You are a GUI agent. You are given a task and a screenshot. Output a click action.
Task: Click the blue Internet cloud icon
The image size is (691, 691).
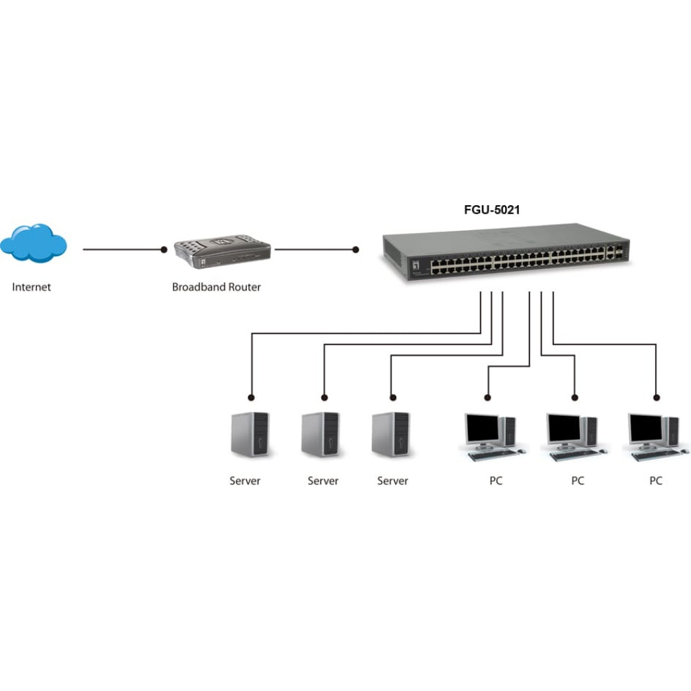[x=33, y=243]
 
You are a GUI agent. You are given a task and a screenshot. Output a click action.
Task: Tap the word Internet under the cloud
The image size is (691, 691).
[x=31, y=287]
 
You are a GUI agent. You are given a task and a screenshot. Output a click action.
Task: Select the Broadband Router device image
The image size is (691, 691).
[x=222, y=252]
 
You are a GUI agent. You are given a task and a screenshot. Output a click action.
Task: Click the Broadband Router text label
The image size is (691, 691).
[x=216, y=287]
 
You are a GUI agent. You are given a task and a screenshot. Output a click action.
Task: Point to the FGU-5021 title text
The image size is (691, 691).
[x=492, y=210]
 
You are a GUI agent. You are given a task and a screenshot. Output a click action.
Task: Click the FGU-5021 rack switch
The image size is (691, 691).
[x=506, y=252]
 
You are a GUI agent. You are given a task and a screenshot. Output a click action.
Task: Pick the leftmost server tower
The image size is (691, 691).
[x=250, y=435]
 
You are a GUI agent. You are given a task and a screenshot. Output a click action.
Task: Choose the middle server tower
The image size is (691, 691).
[x=321, y=434]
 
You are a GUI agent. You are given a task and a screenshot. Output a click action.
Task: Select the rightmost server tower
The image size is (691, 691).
[x=390, y=434]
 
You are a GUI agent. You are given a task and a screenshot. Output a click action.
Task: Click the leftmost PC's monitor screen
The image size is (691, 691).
[x=482, y=428]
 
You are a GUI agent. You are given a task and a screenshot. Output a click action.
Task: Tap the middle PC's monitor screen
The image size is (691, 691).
[x=564, y=428]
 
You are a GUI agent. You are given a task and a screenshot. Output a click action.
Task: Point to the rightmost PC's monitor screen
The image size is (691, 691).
[x=646, y=428]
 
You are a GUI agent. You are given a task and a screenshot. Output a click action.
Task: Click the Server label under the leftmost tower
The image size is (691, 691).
[x=245, y=481]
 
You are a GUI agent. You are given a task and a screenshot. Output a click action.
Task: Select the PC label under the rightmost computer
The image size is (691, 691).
[x=656, y=481]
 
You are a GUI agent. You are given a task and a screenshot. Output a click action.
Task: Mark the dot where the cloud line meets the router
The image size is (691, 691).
[x=164, y=250]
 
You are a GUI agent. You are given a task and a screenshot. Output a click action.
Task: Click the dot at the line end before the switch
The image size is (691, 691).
[x=356, y=250]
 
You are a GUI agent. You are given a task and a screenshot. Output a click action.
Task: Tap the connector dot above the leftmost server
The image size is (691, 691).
[x=252, y=398]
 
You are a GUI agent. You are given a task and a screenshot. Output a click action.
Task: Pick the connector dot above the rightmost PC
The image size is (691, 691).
[x=656, y=398]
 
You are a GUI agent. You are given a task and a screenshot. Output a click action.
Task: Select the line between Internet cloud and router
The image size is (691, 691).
[x=124, y=250]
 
